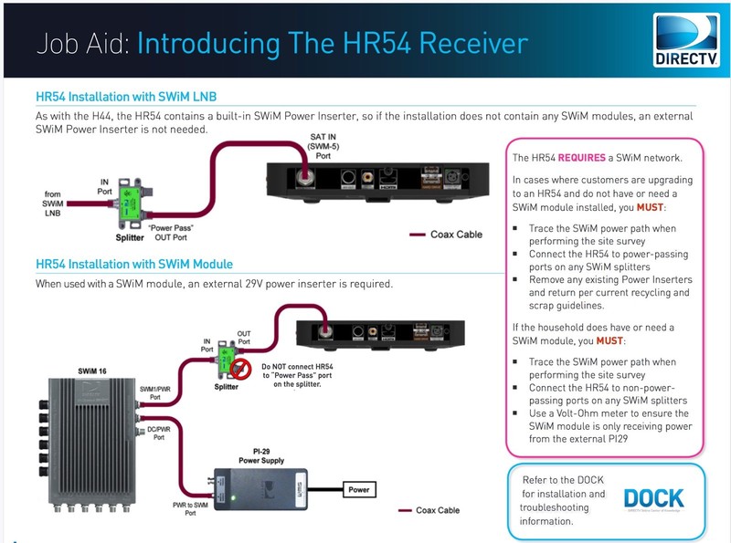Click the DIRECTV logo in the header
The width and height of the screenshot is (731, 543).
(686, 41)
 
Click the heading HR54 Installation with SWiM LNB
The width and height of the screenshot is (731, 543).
(126, 97)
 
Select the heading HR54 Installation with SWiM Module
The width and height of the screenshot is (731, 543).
(134, 265)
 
